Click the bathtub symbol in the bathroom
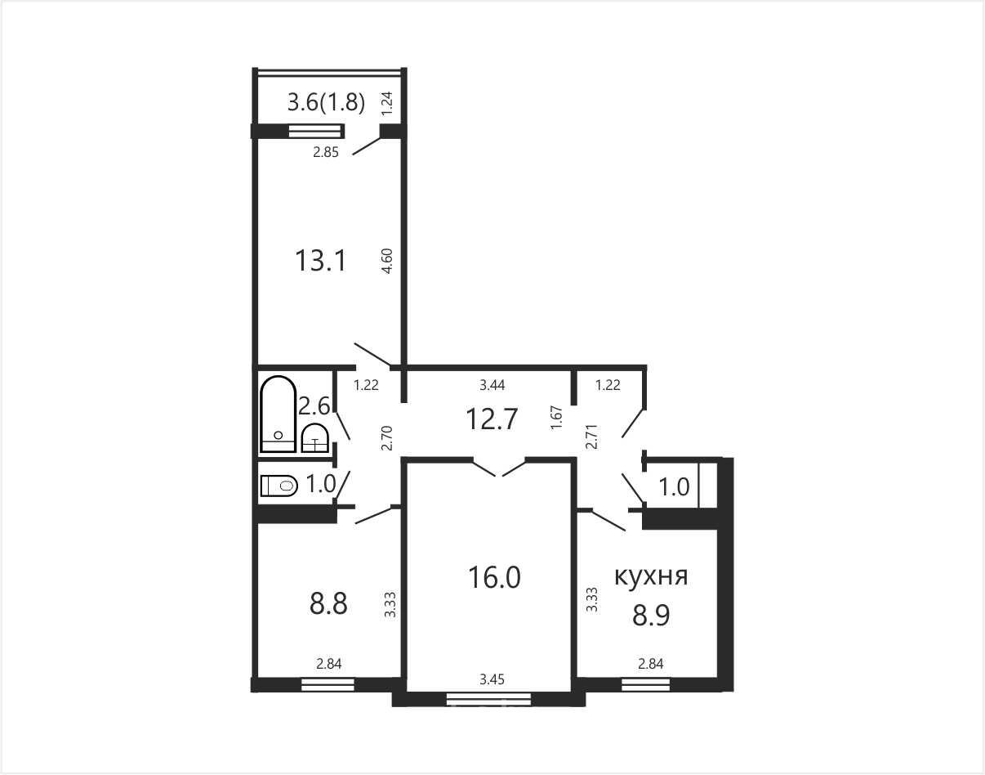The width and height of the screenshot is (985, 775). pos(279,414)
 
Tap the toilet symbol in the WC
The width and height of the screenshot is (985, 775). pos(279,486)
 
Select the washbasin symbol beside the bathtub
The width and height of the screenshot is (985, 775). pos(314,438)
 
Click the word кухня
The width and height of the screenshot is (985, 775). pos(651,577)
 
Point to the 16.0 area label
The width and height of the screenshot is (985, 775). pos(494,578)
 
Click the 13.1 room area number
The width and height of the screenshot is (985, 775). pos(320,261)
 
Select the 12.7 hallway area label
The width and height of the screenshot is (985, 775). pos(492,419)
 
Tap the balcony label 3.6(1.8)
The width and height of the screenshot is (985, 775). pos(326,102)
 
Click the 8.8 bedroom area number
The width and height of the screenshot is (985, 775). pos(328,603)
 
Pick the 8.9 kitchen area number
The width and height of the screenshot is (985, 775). pos(651,616)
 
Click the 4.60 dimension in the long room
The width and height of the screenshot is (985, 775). pos(388,261)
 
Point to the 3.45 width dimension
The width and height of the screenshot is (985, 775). pos(492,679)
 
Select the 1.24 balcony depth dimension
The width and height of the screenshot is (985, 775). pos(386,104)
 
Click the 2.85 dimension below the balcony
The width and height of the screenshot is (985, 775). pos(326,152)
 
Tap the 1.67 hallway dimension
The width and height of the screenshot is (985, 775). pos(557,418)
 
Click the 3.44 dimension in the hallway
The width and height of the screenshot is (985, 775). pos(492,385)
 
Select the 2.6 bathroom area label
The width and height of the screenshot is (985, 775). pos(314,406)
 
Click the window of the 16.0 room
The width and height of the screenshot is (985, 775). pos(488,699)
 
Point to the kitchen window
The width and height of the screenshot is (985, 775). pos(645,684)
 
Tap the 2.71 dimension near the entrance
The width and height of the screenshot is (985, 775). pos(592,436)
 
